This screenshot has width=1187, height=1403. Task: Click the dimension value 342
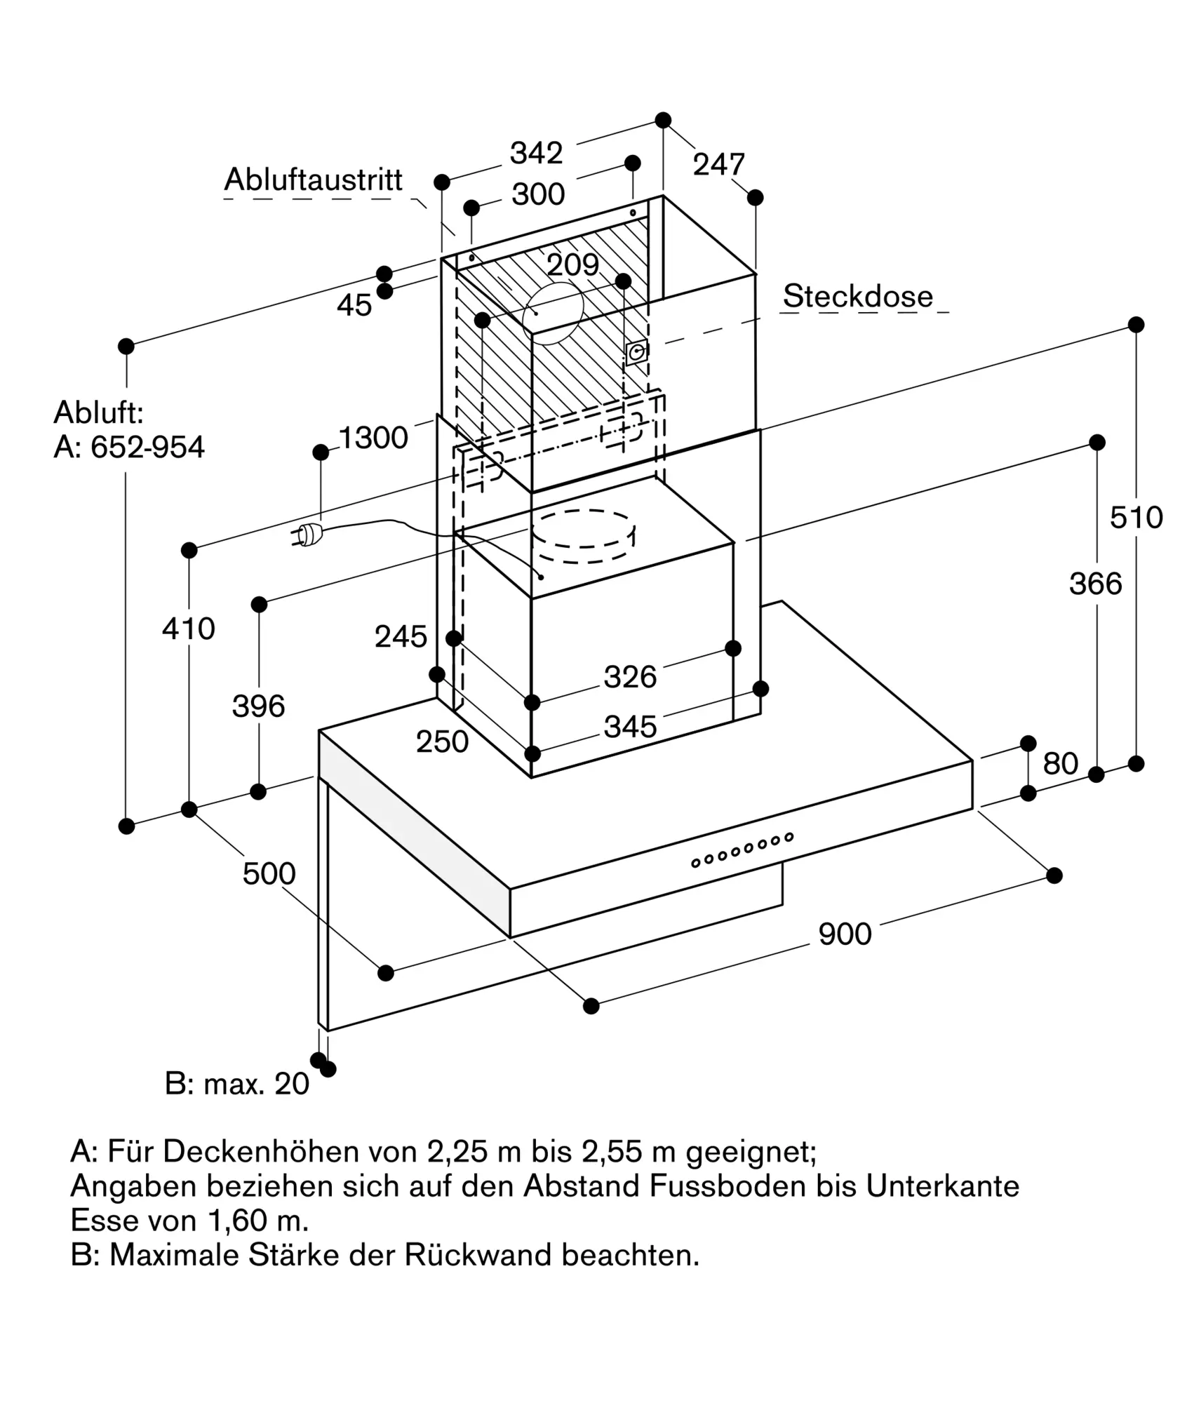coord(536,153)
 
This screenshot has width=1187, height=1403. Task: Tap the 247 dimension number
coord(718,165)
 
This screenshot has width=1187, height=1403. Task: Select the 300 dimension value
coord(538,194)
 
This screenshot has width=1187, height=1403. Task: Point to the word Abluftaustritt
coord(313,180)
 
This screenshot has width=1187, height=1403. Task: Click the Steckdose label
coord(857,296)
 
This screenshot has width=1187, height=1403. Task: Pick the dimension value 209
coord(572,265)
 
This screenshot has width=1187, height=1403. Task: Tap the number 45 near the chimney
coord(354,305)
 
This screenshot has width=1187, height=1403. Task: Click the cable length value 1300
coord(373,438)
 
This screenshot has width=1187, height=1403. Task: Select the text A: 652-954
coord(129,447)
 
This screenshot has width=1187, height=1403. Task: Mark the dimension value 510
coord(1136,518)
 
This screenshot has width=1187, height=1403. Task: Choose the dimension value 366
coord(1095,584)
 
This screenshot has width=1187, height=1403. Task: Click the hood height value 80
coord(1060,763)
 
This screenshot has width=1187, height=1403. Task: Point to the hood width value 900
coord(845,934)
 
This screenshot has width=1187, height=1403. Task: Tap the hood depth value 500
coord(269,874)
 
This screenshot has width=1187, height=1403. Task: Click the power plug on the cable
coord(307,535)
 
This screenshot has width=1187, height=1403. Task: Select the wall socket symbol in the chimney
coord(636,352)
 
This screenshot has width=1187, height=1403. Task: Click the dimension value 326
coord(630,677)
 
